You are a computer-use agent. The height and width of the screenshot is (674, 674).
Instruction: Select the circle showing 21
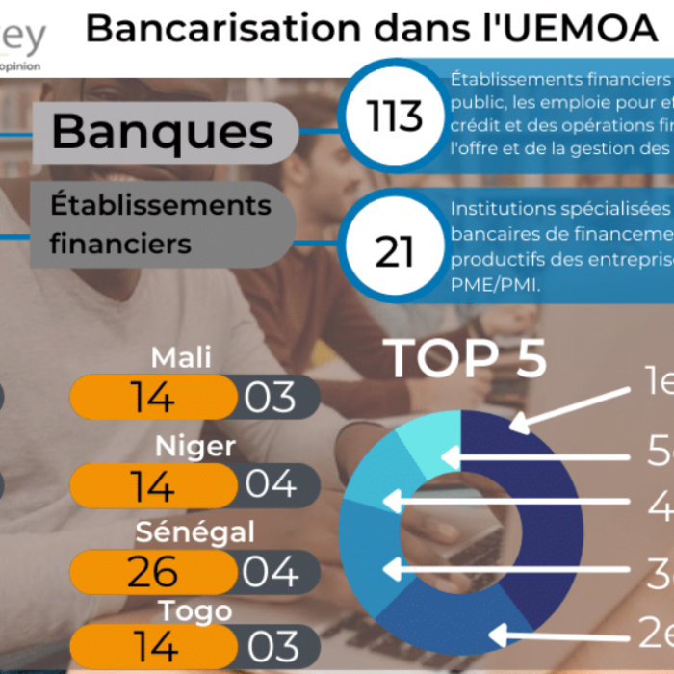click(x=395, y=251)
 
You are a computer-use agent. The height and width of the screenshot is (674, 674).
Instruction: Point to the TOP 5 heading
click(x=467, y=358)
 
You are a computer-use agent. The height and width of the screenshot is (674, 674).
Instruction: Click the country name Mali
click(x=182, y=358)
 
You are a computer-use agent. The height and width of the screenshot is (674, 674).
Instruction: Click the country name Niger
click(x=195, y=447)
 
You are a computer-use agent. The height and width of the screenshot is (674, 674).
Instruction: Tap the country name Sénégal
click(x=195, y=531)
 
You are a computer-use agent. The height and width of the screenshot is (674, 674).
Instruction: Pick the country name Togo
click(x=196, y=610)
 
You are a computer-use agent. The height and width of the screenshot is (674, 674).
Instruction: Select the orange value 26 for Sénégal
click(x=153, y=573)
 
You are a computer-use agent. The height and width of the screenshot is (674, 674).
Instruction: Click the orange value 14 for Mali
click(x=153, y=398)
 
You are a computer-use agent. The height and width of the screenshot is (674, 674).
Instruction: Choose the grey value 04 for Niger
click(x=271, y=485)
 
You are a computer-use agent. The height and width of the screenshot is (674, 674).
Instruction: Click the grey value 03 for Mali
click(x=271, y=398)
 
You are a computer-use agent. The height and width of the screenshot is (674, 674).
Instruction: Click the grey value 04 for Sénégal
click(x=271, y=573)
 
